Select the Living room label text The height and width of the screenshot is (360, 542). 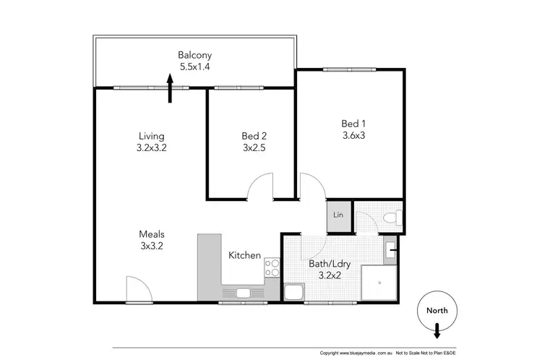tap(152, 136)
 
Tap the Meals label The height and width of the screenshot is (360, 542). tap(152, 234)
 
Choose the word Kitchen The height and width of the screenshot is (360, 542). tap(244, 255)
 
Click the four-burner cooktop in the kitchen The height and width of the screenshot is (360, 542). tap(272, 267)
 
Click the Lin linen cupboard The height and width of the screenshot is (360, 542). tap(338, 215)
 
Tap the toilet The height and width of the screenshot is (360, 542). tap(390, 216)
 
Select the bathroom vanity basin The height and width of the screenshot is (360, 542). tap(391, 251)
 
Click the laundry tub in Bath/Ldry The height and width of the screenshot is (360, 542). tap(293, 292)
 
